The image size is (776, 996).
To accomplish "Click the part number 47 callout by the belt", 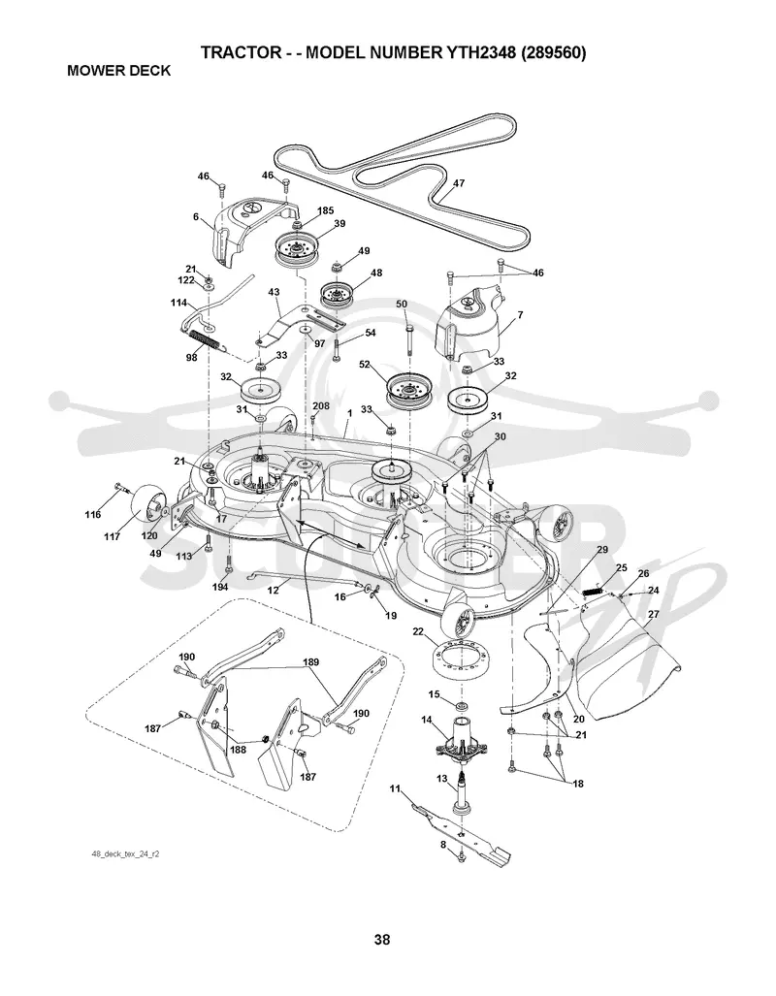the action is (458, 183).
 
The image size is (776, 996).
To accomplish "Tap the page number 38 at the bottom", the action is (382, 939).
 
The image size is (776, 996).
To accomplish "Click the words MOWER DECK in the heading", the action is (119, 71).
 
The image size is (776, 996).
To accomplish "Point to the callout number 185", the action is (325, 210).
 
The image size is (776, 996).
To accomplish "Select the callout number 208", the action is (321, 406).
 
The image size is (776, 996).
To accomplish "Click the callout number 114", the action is (179, 303).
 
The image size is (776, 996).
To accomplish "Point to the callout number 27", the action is (653, 614).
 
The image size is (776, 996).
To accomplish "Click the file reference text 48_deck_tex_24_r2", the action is (126, 854).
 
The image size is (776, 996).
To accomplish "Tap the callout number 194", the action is (220, 587).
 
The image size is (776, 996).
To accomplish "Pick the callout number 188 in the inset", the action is (238, 749).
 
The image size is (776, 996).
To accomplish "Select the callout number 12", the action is (273, 590).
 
